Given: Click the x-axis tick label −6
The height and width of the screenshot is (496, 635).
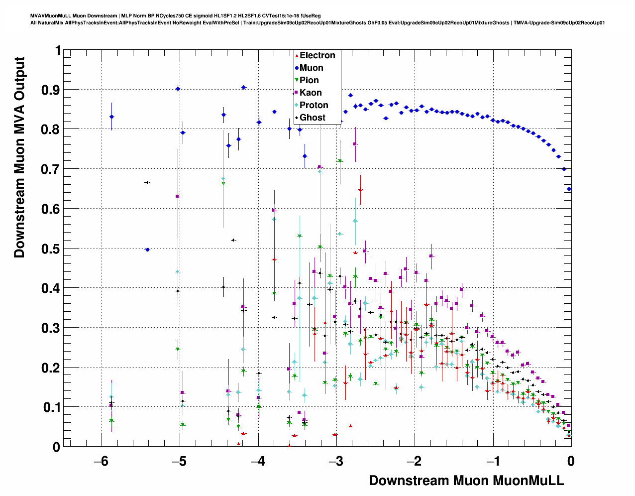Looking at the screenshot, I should [101, 461].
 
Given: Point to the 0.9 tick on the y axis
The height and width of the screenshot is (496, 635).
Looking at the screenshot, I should [51, 90].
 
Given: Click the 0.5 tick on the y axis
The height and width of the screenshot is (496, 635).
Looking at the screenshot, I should [51, 248].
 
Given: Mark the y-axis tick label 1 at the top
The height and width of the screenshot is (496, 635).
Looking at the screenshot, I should [58, 51].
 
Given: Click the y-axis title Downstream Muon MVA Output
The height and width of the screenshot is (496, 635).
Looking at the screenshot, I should [19, 157].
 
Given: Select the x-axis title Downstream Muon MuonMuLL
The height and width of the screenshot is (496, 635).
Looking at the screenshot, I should [466, 481].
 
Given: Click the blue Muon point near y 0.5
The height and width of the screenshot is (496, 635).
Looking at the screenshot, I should [147, 249].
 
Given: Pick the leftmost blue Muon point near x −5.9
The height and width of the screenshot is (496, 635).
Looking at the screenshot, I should [111, 117].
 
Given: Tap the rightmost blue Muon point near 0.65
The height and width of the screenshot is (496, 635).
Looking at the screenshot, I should [569, 189].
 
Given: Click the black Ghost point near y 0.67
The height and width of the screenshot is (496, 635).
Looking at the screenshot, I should [147, 182].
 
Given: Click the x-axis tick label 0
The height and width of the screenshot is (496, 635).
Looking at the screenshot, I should [570, 461].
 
